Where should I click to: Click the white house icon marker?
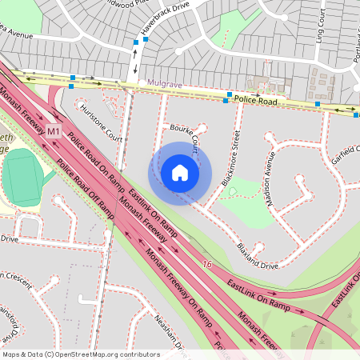[x=180, y=173]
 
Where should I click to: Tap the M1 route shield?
[x=54, y=131]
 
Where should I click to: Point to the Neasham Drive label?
[x=170, y=333]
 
